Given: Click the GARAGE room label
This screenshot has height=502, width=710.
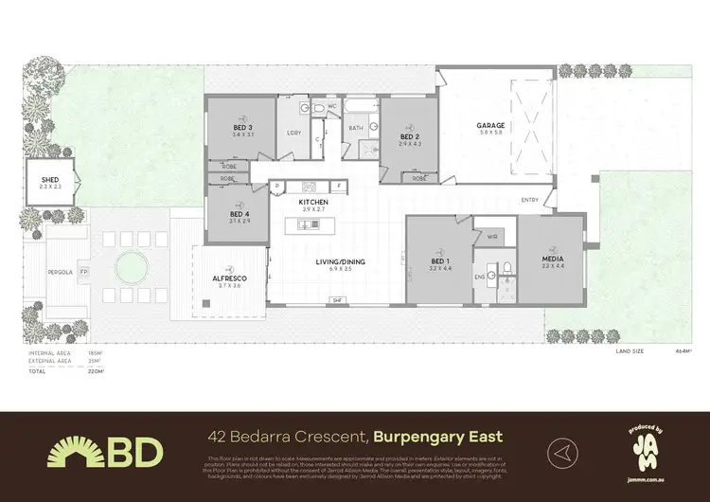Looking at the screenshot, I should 491,125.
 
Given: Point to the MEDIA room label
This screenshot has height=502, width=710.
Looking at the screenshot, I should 552,259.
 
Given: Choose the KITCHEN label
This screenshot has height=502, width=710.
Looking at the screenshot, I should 312,203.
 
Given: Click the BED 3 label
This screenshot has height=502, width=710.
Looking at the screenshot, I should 242,128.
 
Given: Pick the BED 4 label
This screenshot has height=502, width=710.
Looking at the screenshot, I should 240,214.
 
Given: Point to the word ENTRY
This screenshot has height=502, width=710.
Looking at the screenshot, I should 530,199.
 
